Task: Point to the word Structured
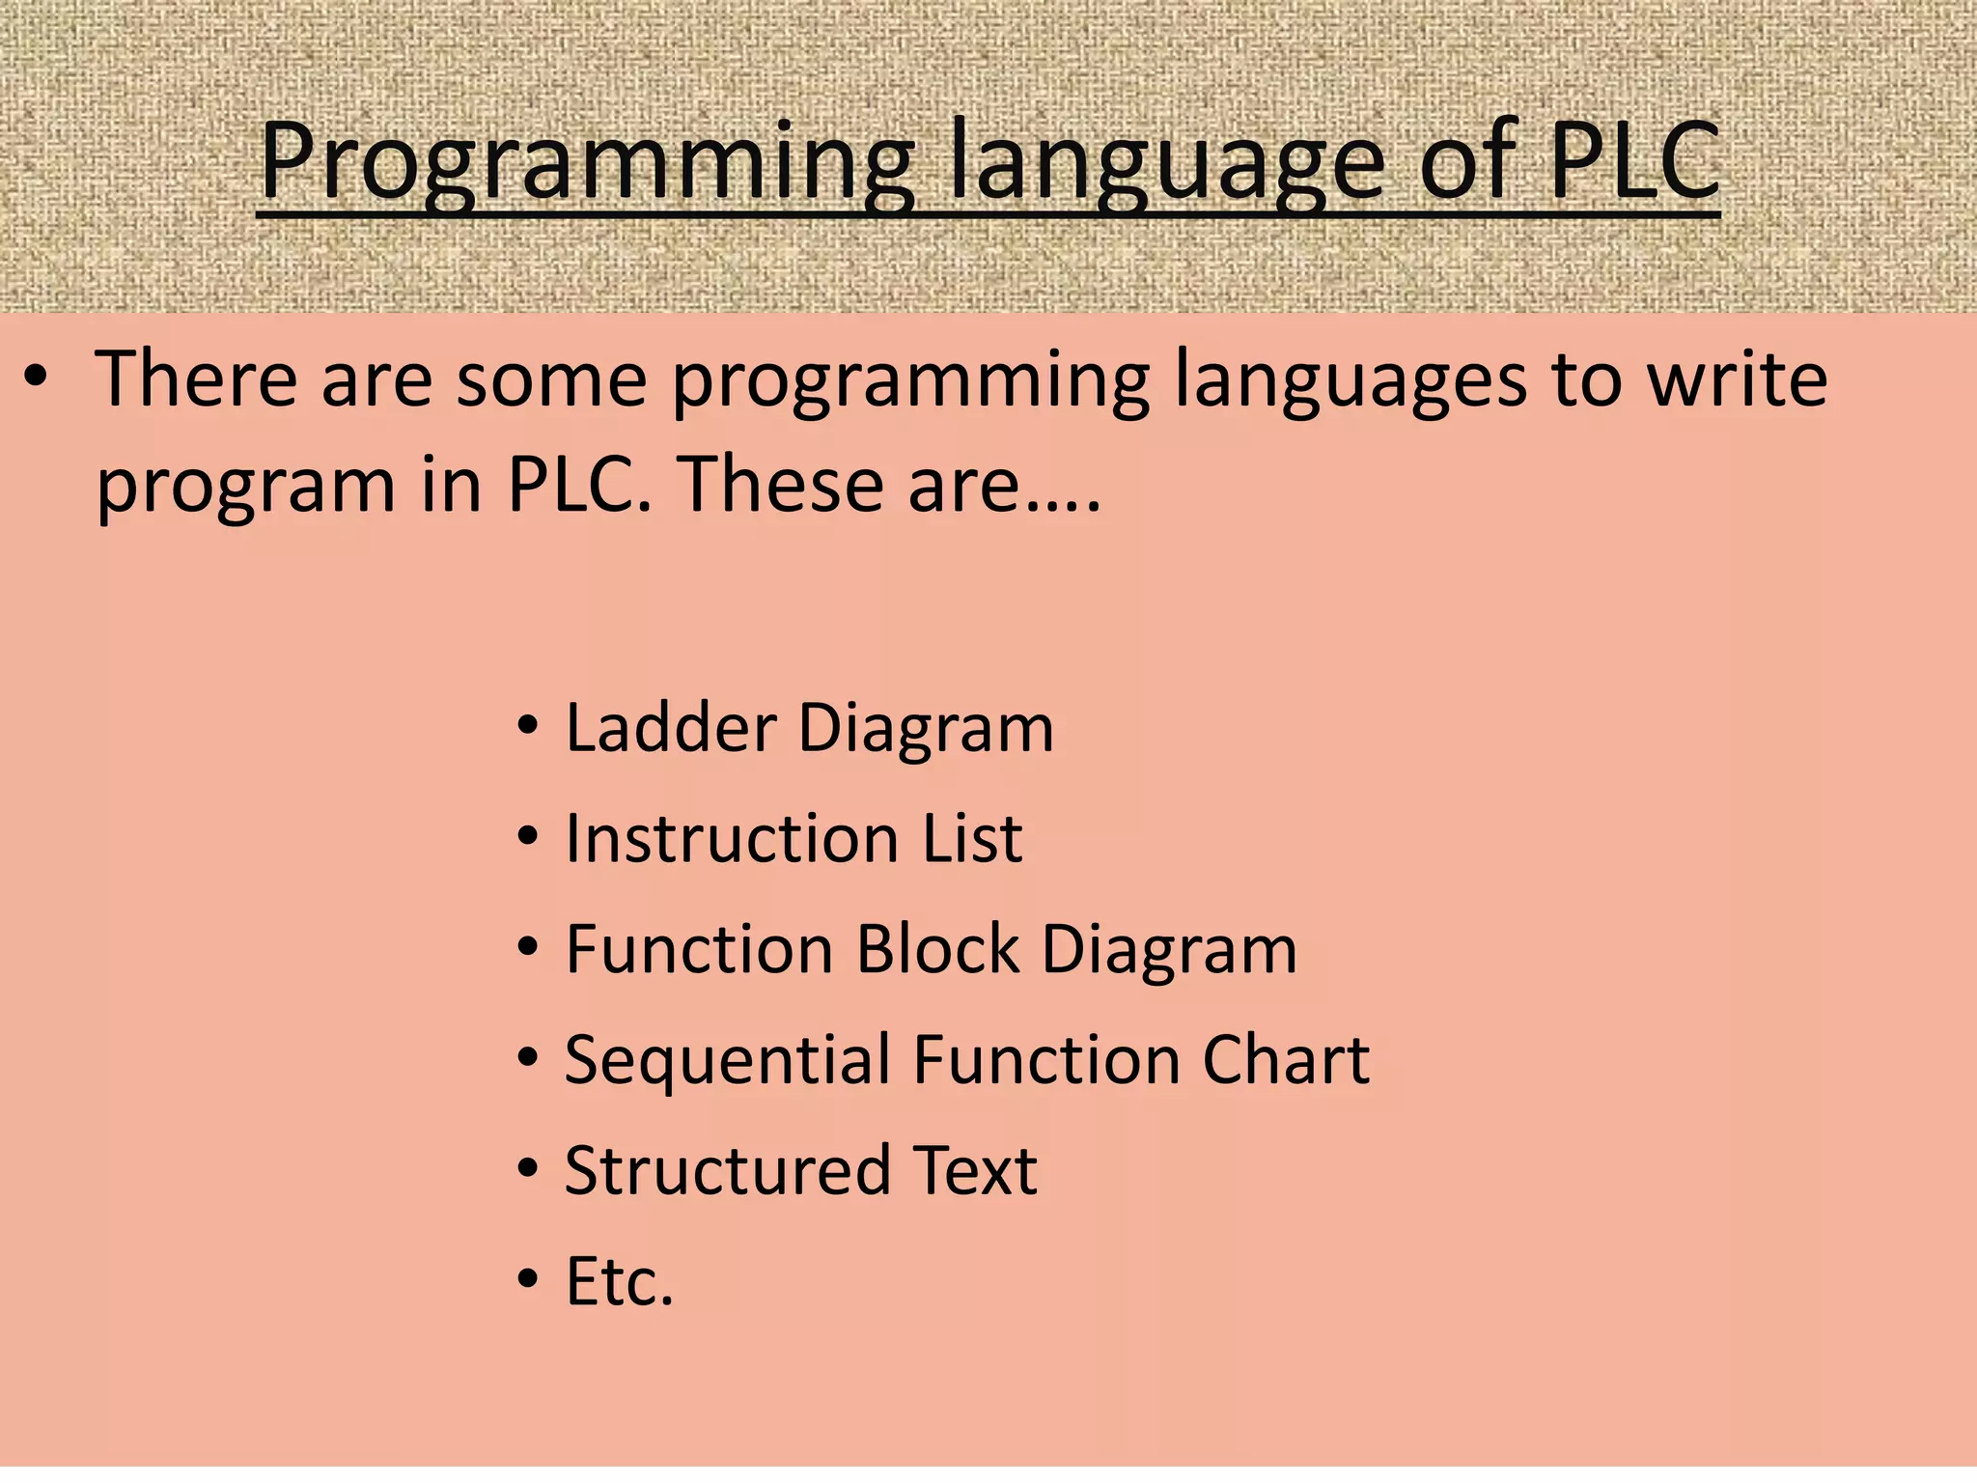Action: coord(727,1170)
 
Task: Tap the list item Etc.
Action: coord(619,1281)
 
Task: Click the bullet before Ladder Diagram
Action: coord(527,727)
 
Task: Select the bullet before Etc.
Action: coord(527,1280)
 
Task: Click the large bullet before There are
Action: coord(36,379)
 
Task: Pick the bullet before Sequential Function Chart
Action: coord(527,1059)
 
